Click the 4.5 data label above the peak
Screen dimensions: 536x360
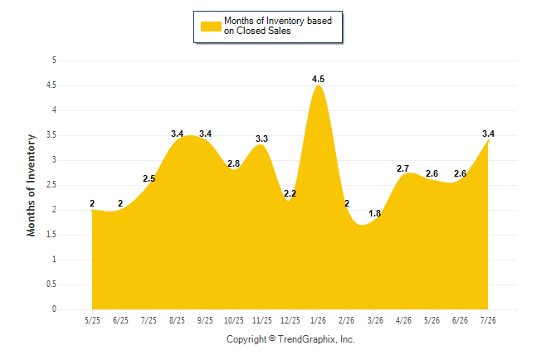click(318, 79)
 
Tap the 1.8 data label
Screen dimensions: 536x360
click(375, 213)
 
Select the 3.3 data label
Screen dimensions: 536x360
click(262, 139)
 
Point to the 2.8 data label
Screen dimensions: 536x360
click(233, 163)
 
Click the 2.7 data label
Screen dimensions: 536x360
click(402, 168)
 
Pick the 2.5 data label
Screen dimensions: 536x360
click(149, 178)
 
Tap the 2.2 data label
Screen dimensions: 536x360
click(290, 193)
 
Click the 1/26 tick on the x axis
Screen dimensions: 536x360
click(318, 320)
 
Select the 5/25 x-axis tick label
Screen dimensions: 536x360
click(92, 320)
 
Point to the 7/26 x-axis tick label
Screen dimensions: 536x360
click(488, 320)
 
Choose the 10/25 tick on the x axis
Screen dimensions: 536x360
click(234, 320)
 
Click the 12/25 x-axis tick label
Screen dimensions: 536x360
click(290, 320)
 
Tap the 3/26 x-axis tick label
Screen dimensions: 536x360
click(375, 320)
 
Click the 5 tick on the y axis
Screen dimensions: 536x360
click(54, 61)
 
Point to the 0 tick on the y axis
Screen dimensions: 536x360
click(54, 309)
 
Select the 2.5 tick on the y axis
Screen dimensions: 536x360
click(51, 185)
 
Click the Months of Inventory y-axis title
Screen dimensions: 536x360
click(31, 185)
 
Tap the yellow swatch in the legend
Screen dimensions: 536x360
click(211, 27)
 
